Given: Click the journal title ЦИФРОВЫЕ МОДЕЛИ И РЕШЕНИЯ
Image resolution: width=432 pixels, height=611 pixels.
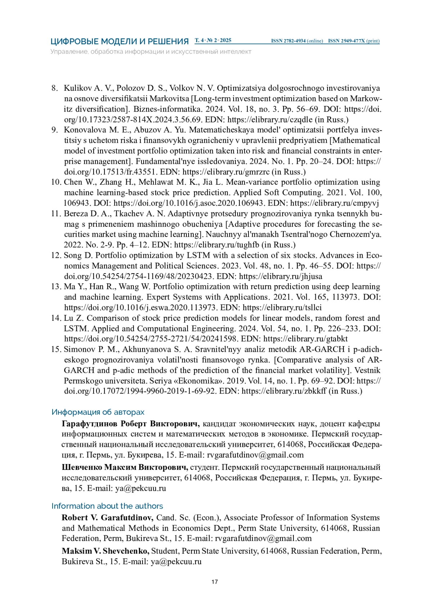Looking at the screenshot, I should click(x=120, y=41).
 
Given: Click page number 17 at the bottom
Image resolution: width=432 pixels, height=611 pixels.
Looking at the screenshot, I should click(x=215, y=582).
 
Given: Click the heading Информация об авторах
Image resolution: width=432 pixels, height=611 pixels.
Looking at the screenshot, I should click(x=98, y=412).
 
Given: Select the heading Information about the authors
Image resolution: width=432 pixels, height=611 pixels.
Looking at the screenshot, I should click(x=107, y=506).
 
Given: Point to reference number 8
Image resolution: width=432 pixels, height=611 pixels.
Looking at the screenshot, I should click(x=55, y=88).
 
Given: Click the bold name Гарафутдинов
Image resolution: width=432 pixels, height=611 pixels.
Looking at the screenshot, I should click(x=90, y=424).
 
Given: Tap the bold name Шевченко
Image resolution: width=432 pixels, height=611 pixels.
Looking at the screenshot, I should click(x=82, y=467).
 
